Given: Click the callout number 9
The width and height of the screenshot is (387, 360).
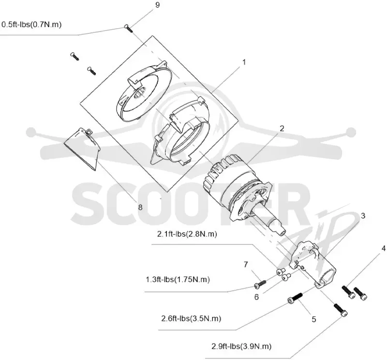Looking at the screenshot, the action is tap(158, 5).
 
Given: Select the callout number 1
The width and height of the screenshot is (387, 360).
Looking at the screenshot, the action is tap(244, 62).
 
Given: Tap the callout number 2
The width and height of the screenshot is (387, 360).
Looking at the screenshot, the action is tap(282, 128).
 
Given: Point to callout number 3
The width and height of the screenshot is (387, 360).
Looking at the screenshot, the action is tap(363, 216).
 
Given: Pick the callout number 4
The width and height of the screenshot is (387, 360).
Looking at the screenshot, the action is tap(383, 248).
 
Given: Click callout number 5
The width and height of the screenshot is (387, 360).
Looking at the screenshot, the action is tap(313, 319).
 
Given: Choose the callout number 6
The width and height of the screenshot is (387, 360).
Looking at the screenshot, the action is tap(256, 297).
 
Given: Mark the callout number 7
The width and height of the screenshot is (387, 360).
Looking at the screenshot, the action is tap(246, 265).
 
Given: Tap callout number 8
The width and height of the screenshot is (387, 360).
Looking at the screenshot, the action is tap(140, 207).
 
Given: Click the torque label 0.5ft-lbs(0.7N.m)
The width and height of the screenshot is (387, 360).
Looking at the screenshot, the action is tap(31, 25).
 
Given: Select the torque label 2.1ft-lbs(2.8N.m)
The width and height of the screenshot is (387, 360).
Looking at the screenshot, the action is tap(187, 234).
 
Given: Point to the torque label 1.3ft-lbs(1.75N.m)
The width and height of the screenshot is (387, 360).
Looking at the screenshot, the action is tap(178, 280).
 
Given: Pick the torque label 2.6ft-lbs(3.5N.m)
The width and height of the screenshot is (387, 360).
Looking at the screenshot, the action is tap(191, 318).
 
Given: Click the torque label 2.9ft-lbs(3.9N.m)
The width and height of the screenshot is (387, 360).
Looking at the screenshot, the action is tap(241, 346).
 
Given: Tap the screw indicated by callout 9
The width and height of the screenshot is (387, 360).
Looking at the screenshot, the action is tap(129, 29).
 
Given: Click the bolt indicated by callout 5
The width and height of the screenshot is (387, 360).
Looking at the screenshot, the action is tap(295, 298).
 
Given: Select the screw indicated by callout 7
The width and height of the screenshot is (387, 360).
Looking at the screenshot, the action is tap(260, 284).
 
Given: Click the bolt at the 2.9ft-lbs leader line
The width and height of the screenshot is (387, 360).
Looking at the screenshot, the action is tap(341, 310).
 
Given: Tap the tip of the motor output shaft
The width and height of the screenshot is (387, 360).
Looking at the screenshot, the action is tap(283, 231).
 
